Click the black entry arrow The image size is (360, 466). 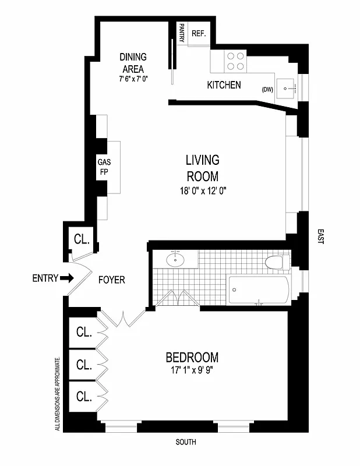(x=67, y=278)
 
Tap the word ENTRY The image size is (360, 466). (x=44, y=278)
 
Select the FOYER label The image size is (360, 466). (x=111, y=280)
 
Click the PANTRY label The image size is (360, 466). (x=182, y=33)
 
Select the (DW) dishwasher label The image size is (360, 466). (x=267, y=89)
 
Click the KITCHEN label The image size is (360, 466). (x=224, y=85)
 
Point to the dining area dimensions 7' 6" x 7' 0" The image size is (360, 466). (x=133, y=78)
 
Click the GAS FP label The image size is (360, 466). (x=104, y=167)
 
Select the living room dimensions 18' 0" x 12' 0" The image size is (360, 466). (x=202, y=190)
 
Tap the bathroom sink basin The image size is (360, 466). (x=175, y=260)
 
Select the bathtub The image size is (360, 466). (x=258, y=290)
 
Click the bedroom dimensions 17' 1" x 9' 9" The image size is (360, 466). (x=192, y=370)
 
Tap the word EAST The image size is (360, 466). (x=320, y=236)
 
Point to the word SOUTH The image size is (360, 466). (x=186, y=443)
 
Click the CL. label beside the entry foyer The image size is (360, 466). (x=81, y=239)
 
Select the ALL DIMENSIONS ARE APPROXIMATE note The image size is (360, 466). (x=57, y=394)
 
